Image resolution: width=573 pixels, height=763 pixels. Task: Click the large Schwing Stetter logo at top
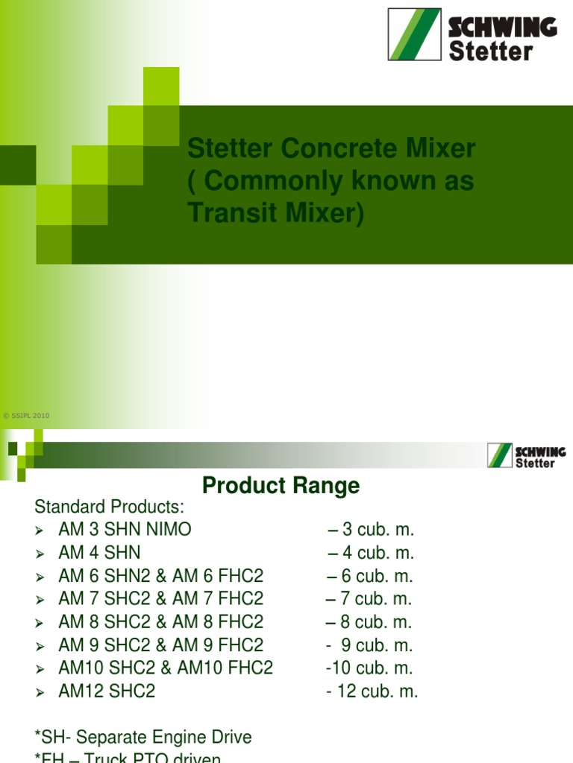pyautogui.click(x=472, y=34)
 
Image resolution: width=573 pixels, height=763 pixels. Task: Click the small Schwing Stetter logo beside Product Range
pyautogui.click(x=526, y=455)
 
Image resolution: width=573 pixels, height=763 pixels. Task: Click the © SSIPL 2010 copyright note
pyautogui.click(x=26, y=416)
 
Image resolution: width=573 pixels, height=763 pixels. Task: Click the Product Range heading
pyautogui.click(x=281, y=486)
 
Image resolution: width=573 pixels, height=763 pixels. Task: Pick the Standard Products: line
pyautogui.click(x=109, y=507)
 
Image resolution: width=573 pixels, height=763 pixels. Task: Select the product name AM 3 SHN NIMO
pyautogui.click(x=125, y=530)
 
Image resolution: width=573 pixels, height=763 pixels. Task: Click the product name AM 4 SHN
pyautogui.click(x=99, y=553)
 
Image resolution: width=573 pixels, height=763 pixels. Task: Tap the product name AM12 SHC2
pyautogui.click(x=107, y=691)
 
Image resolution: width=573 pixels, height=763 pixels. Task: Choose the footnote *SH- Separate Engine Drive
pyautogui.click(x=143, y=738)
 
